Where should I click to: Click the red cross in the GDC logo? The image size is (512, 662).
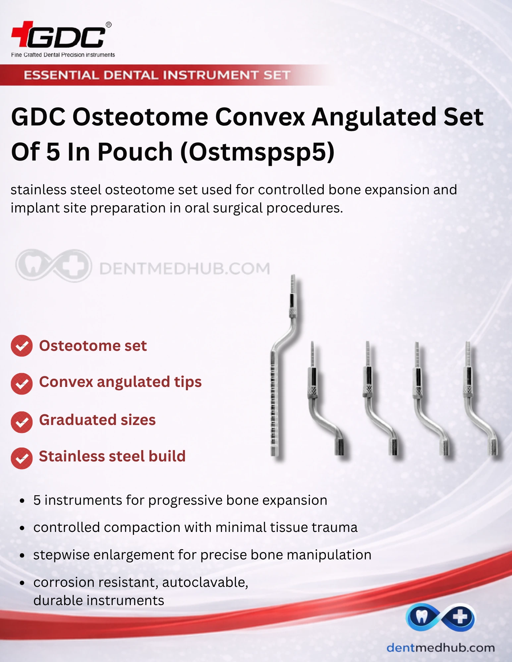(x=22, y=34)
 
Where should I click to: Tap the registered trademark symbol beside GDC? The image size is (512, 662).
(x=108, y=25)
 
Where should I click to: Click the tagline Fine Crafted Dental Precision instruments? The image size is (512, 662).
(x=63, y=55)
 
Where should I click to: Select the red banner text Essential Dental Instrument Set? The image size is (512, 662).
(x=157, y=75)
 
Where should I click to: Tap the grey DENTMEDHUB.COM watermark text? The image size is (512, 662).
(x=185, y=268)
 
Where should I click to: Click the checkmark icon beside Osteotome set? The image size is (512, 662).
(x=22, y=346)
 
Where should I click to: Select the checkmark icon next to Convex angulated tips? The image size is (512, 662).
(x=22, y=384)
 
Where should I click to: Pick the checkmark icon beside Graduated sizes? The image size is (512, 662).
(x=22, y=422)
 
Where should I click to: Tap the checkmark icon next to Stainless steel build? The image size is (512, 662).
(x=22, y=458)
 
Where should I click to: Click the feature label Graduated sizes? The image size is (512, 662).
(x=97, y=420)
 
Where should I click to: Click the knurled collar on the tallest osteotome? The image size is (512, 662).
(x=293, y=312)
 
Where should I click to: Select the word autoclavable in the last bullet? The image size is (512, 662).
(x=205, y=582)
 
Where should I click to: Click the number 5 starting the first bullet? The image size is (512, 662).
(x=37, y=500)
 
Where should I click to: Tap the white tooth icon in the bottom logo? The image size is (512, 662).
(x=421, y=617)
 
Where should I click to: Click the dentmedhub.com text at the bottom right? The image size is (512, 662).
(x=440, y=647)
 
